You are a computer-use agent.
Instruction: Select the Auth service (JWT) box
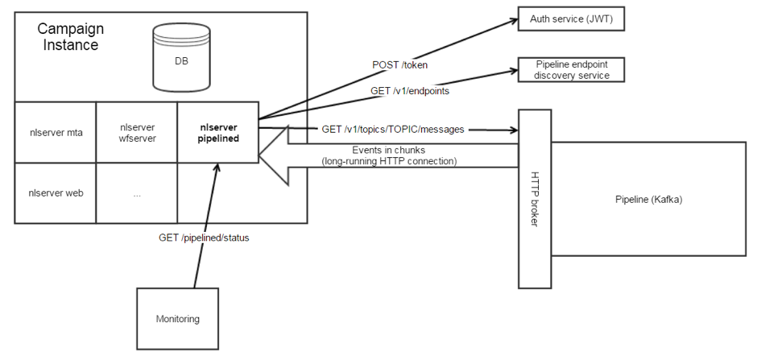571,19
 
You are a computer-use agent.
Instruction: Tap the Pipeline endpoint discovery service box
571,69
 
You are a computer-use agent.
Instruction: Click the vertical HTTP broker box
534,198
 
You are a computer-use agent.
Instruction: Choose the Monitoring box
177,319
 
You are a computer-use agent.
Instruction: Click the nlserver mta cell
56,132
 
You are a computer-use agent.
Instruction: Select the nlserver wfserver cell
136,132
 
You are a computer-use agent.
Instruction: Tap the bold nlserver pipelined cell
217,132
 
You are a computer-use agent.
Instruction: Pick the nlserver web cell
56,192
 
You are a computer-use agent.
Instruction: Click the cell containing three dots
136,192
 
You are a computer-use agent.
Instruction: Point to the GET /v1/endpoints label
408,91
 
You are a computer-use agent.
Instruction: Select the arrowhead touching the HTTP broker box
511,129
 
